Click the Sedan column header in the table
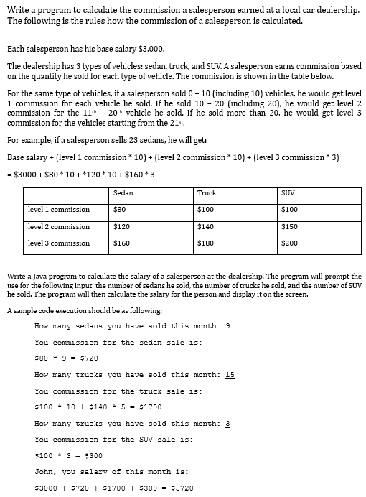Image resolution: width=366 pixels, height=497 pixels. [x=123, y=193]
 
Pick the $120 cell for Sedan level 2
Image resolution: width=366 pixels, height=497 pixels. [x=122, y=226]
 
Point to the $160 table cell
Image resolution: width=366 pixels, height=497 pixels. [x=122, y=243]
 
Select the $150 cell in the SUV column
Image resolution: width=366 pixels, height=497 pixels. [x=290, y=226]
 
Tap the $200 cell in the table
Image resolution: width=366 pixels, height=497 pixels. [x=290, y=243]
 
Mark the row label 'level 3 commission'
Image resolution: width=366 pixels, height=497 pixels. [x=59, y=243]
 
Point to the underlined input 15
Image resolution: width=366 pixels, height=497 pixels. [x=230, y=375]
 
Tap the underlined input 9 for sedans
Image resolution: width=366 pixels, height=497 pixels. [x=227, y=326]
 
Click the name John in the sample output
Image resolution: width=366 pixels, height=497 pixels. [x=46, y=472]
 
